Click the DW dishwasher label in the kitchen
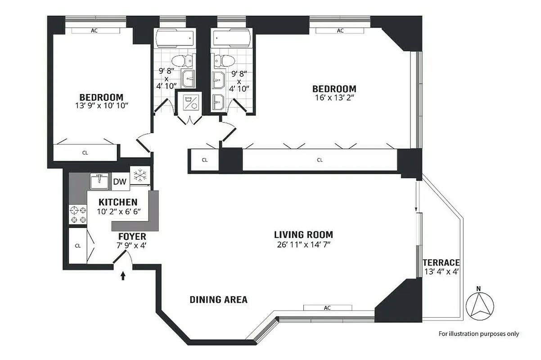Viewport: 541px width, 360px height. pyautogui.click(x=119, y=182)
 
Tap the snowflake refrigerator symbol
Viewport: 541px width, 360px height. pyautogui.click(x=140, y=175)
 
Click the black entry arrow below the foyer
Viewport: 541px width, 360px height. pyautogui.click(x=124, y=275)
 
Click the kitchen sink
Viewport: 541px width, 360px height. pyautogui.click(x=99, y=182)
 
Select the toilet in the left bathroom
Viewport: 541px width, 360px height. pyautogui.click(x=182, y=60)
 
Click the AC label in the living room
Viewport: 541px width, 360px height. pyautogui.click(x=327, y=308)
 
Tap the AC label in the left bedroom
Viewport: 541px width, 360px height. pyautogui.click(x=94, y=31)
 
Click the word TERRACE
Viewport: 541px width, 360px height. pyautogui.click(x=441, y=262)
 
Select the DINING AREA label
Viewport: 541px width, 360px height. pyautogui.click(x=218, y=300)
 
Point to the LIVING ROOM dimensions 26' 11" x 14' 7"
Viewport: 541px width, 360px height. pyautogui.click(x=303, y=244)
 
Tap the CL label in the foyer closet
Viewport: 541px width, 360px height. pyautogui.click(x=77, y=246)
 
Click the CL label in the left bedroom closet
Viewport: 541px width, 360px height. pyautogui.click(x=85, y=153)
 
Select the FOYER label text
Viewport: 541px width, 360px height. pyautogui.click(x=132, y=236)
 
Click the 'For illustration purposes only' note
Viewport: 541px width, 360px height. pyautogui.click(x=479, y=334)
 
